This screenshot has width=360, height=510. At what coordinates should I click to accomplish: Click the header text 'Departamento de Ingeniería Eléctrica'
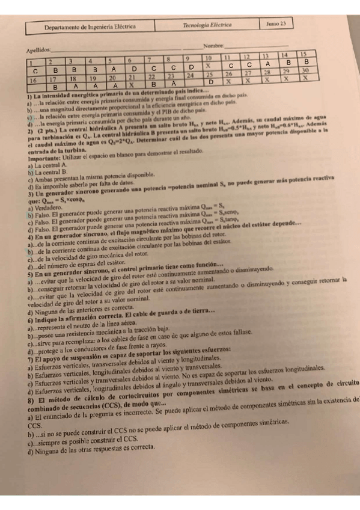click(x=90, y=27)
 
